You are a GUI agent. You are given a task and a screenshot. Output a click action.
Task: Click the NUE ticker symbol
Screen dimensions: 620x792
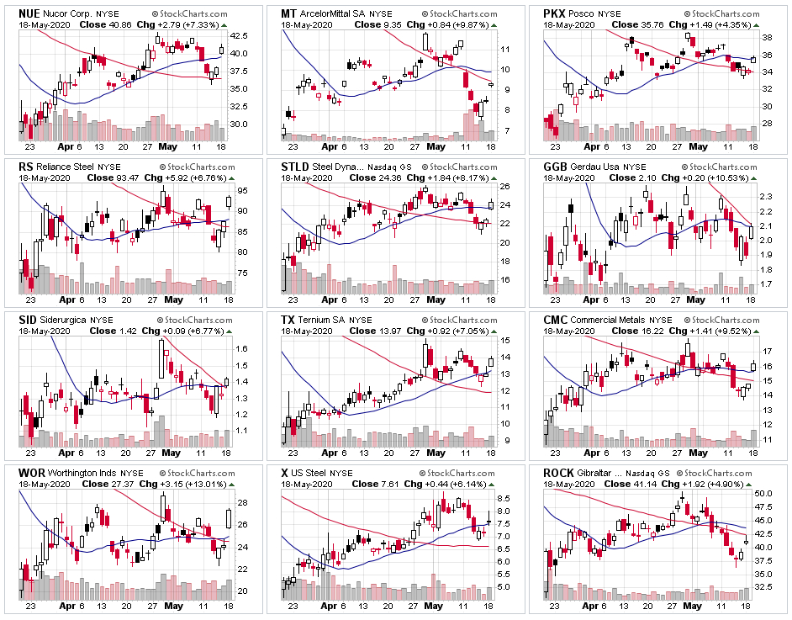(x=30, y=13)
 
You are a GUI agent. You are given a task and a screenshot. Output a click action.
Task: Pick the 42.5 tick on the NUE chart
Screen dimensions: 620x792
(x=238, y=35)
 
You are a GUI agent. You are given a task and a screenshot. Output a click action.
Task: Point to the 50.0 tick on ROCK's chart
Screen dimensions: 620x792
(x=765, y=493)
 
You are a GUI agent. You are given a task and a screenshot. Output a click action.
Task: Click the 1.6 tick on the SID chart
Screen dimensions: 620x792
(x=240, y=348)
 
